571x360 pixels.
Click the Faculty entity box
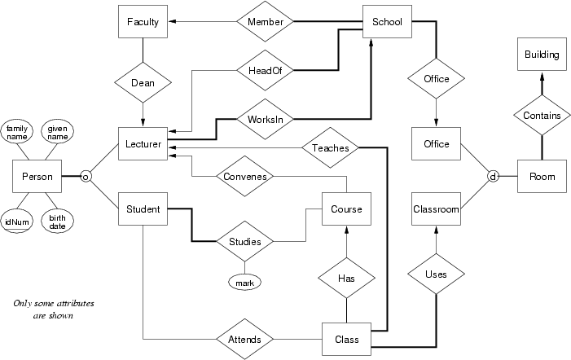(143, 22)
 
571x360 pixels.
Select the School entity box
(387, 22)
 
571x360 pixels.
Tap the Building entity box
(542, 55)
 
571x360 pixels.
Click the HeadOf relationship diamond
(264, 71)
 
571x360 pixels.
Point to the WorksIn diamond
(264, 119)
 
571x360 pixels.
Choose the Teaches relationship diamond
(331, 147)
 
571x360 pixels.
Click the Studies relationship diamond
(245, 241)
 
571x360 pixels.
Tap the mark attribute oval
(244, 282)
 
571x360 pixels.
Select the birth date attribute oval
(57, 222)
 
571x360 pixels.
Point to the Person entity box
(37, 176)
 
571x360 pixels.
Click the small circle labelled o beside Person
(84, 176)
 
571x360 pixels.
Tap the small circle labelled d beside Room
(492, 176)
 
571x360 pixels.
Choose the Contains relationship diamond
(542, 116)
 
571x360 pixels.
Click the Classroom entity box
(437, 209)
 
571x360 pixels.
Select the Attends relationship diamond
(245, 339)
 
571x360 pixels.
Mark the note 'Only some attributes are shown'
(54, 309)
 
